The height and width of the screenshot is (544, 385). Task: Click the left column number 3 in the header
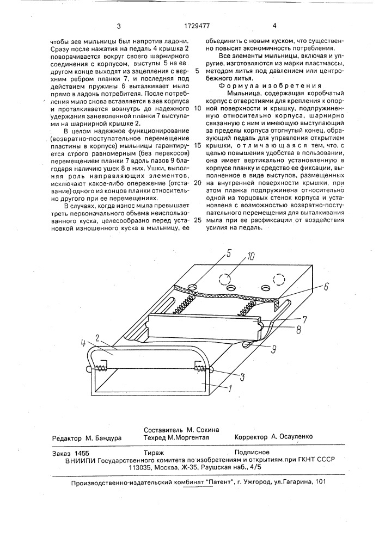click(x=118, y=26)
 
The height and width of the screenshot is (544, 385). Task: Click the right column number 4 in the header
click(x=274, y=26)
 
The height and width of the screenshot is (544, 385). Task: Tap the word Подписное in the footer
click(x=252, y=452)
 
